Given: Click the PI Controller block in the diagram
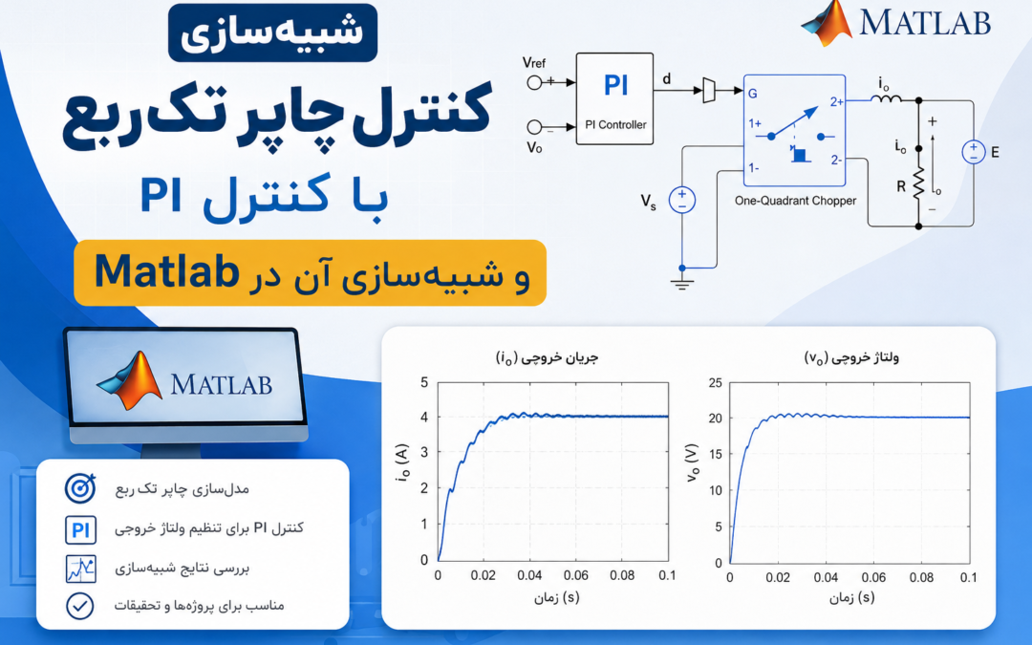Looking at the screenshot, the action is point(614,98).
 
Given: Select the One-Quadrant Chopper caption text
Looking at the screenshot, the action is point(795,201).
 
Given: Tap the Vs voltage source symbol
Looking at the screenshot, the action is point(682,200).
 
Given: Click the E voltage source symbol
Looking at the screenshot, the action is point(974,152).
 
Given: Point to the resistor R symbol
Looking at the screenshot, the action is point(918,183).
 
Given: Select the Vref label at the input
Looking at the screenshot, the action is point(534,62).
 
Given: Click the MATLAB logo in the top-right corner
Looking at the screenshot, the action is point(895,24).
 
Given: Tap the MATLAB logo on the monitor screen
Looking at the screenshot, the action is point(184,380).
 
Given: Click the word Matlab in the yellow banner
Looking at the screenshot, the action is point(166,271).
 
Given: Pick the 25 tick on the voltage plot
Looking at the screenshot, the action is point(715,382).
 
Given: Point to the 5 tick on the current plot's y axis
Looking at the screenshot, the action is point(424,382).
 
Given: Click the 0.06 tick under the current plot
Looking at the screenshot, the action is point(576,575).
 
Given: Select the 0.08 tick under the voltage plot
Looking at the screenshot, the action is point(921,577).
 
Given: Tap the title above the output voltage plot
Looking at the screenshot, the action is point(851,357).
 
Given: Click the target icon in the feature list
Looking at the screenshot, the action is point(80,488).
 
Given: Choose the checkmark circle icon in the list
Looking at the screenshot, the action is point(79,606).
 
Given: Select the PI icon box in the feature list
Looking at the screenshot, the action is point(80,529).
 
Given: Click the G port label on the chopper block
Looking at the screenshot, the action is point(752,94).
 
